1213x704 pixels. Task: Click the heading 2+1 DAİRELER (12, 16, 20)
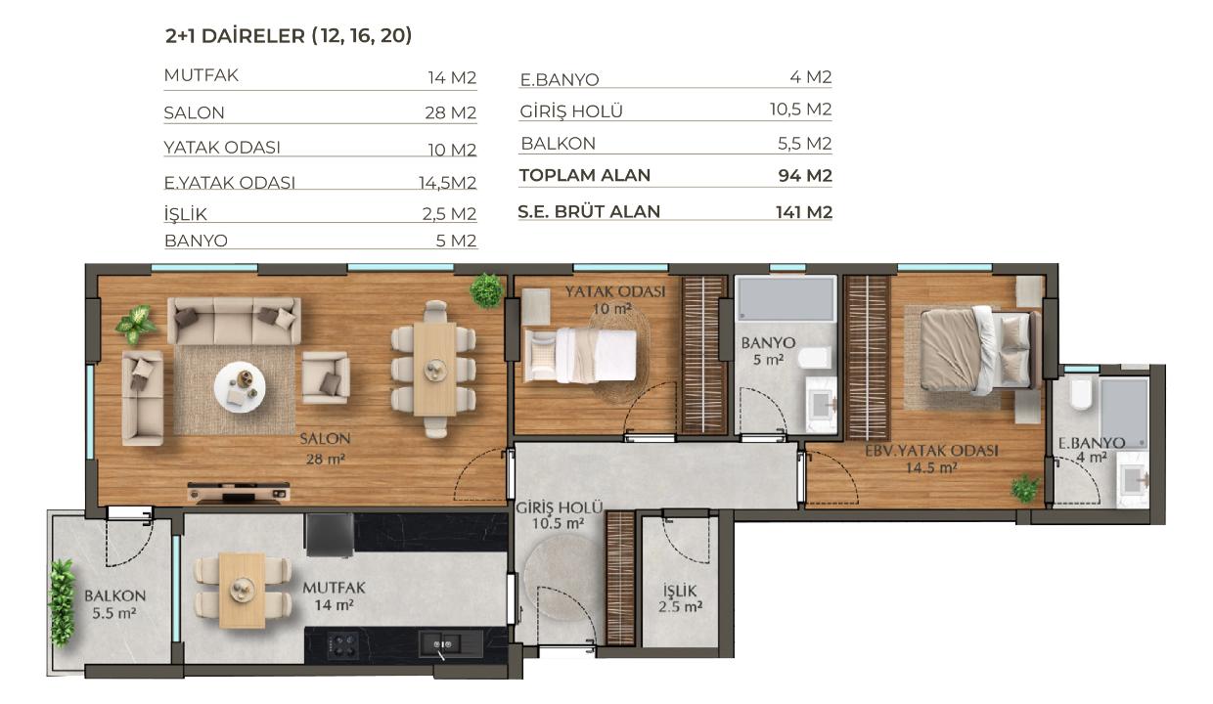click(289, 36)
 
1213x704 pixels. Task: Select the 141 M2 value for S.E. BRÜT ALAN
click(804, 212)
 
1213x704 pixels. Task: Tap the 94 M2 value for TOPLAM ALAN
click(805, 176)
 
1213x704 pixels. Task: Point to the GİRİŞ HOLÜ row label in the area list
click(571, 111)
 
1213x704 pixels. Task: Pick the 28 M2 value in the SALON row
click(451, 113)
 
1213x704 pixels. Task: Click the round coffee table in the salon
click(240, 387)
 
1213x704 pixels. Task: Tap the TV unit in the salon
click(239, 492)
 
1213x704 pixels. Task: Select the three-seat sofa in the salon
click(234, 321)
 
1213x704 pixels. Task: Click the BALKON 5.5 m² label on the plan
click(114, 604)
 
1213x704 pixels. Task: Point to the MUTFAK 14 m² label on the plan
click(334, 595)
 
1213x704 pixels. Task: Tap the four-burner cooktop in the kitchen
click(342, 645)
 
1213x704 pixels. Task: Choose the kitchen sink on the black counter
click(442, 644)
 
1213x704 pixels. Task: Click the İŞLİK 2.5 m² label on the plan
click(680, 598)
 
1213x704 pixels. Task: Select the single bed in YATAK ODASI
click(579, 356)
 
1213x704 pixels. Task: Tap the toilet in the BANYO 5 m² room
click(814, 358)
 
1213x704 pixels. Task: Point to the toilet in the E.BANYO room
click(1081, 393)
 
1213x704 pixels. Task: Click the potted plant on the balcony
click(62, 602)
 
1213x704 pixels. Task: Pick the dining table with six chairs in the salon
click(433, 369)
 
